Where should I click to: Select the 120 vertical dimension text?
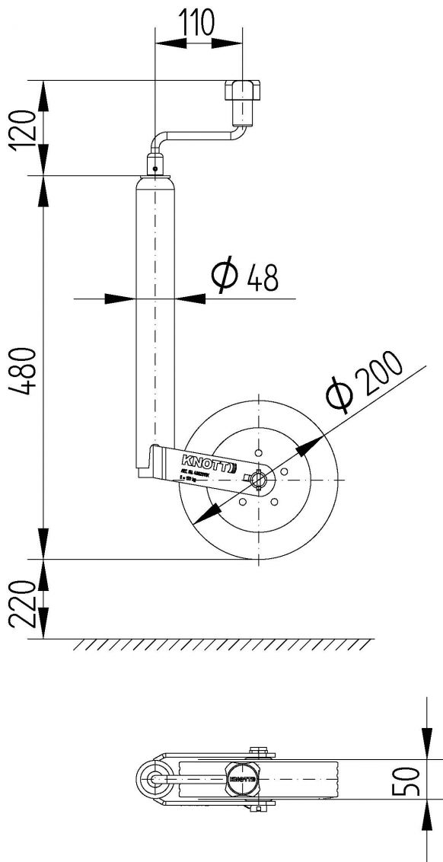point(24,127)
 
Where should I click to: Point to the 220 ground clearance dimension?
point(24,603)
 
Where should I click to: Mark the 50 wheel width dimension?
point(411,780)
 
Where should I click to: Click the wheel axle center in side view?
point(259,479)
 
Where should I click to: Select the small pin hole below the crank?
point(155,168)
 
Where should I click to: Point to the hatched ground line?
point(225,644)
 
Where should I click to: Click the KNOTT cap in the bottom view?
point(243,779)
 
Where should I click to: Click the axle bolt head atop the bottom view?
point(261,752)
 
